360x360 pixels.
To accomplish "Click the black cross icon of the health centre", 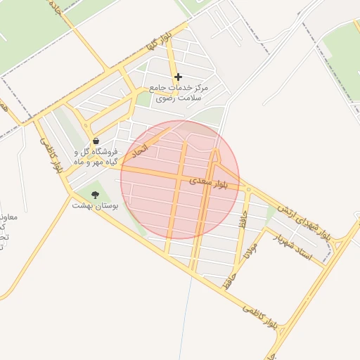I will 178,77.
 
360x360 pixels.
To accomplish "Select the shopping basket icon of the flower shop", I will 96,141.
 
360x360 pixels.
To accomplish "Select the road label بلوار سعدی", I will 209,182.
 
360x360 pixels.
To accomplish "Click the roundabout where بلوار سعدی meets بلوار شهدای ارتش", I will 247,188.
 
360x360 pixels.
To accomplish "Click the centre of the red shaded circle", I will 180,180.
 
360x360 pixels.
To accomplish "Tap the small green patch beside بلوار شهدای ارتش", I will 271,212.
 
